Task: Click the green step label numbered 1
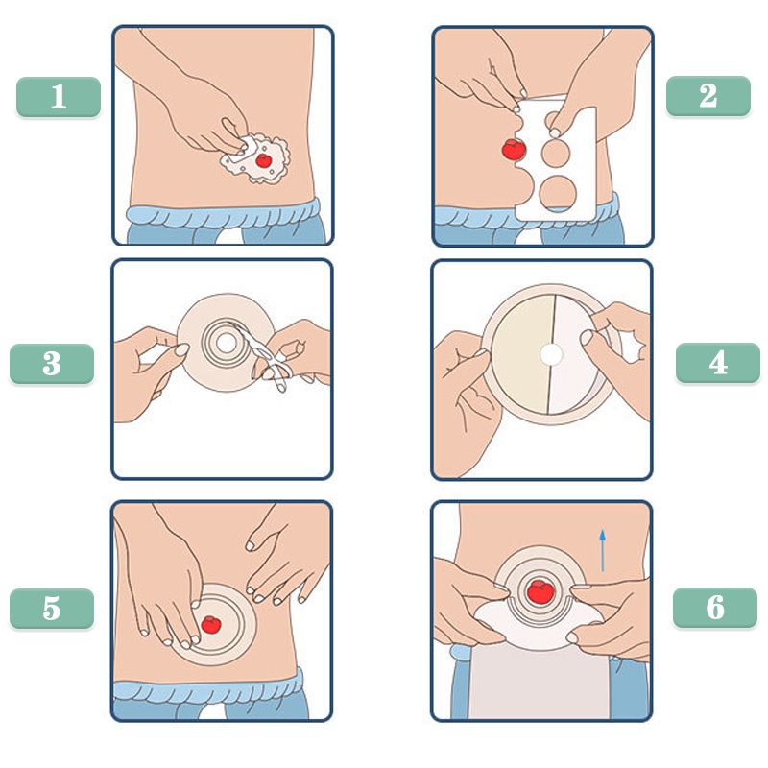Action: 59,97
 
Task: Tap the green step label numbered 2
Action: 708,96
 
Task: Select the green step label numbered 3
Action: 52,364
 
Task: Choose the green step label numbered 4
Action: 718,363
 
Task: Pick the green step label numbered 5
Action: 52,609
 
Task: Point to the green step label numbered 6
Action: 715,608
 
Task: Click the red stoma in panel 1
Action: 263,160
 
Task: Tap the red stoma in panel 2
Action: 514,150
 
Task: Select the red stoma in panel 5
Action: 211,625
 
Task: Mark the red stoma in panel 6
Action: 540,591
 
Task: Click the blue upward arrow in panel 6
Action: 603,550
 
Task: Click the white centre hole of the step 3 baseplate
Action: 227,343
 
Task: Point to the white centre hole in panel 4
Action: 551,354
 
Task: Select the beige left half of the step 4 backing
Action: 522,353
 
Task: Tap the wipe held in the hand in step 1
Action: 243,151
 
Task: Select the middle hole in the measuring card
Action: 556,153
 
